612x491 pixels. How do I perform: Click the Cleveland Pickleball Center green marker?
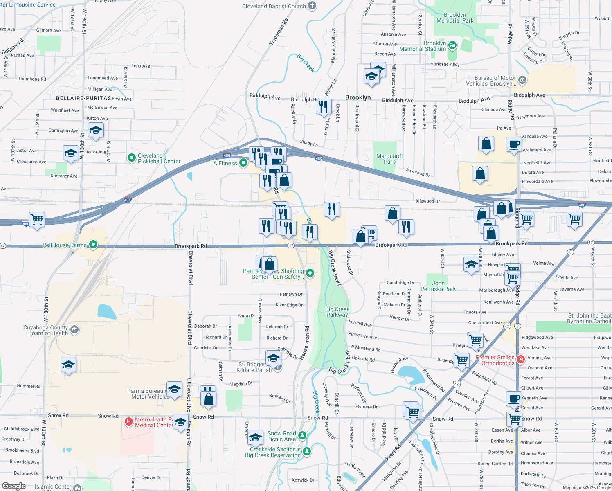tap(132, 158)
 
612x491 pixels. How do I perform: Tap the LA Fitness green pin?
tap(243, 163)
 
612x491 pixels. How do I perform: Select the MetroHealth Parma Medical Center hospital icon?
tap(129, 421)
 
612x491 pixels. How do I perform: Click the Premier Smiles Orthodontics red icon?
tap(521, 360)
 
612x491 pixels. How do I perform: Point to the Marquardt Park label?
tap(389, 159)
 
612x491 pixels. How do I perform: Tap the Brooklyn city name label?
tap(358, 97)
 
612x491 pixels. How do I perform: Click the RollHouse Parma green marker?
tap(93, 245)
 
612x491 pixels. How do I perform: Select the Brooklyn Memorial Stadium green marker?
tap(452, 45)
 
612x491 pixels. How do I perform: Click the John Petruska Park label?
tap(438, 286)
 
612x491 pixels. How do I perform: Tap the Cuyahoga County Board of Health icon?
tap(74, 330)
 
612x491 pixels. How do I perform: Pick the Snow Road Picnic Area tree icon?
tap(302, 435)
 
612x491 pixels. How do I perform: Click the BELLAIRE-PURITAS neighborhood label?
tap(83, 99)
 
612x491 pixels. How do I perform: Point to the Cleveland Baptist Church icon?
tap(312, 6)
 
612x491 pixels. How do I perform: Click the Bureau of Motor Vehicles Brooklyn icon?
tap(522, 80)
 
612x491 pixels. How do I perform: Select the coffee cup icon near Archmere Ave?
tap(514, 144)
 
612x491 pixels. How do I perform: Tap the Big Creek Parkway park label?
tap(337, 312)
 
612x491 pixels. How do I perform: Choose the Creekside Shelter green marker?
tap(306, 451)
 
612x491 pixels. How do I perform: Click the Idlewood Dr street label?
tap(427, 201)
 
